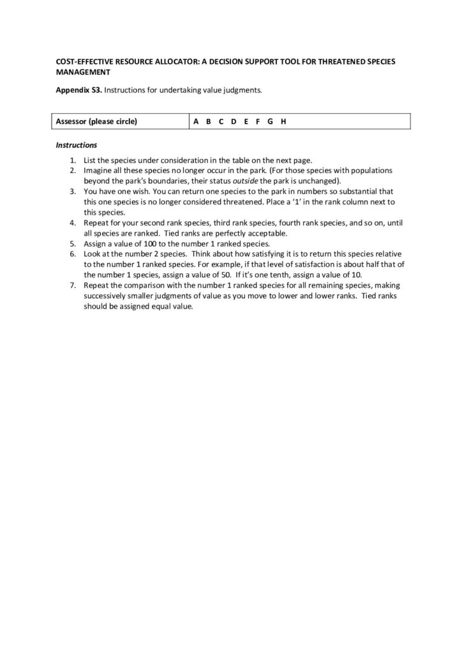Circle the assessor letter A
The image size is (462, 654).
click(x=195, y=121)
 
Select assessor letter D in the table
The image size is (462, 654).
click(x=233, y=121)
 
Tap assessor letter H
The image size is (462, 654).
click(x=282, y=121)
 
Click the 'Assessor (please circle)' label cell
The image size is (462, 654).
click(x=96, y=121)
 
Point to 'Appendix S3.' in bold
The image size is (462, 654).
click(x=78, y=91)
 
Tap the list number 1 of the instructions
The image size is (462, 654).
click(x=73, y=160)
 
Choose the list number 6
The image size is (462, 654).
click(x=73, y=253)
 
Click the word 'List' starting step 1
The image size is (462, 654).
click(x=90, y=160)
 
